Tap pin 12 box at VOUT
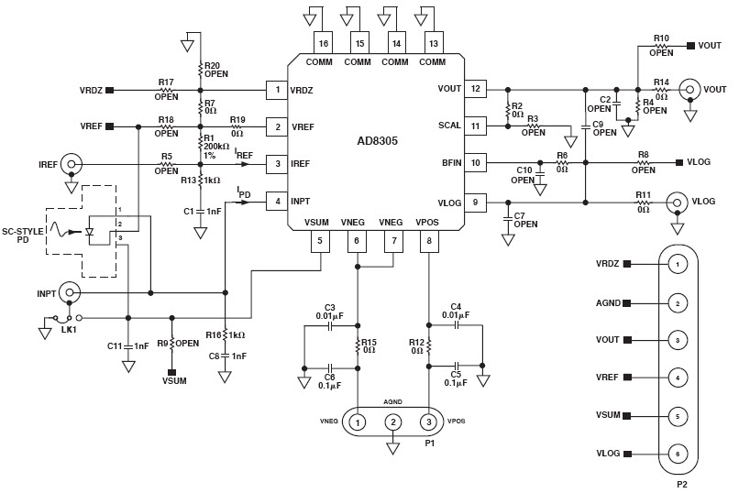[476, 90]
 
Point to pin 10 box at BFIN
[476, 163]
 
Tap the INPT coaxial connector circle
[70, 292]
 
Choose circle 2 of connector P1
[393, 422]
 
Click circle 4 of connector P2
[677, 377]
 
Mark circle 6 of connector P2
[677, 453]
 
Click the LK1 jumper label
[68, 329]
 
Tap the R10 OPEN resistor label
[661, 45]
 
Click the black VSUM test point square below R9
[171, 372]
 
